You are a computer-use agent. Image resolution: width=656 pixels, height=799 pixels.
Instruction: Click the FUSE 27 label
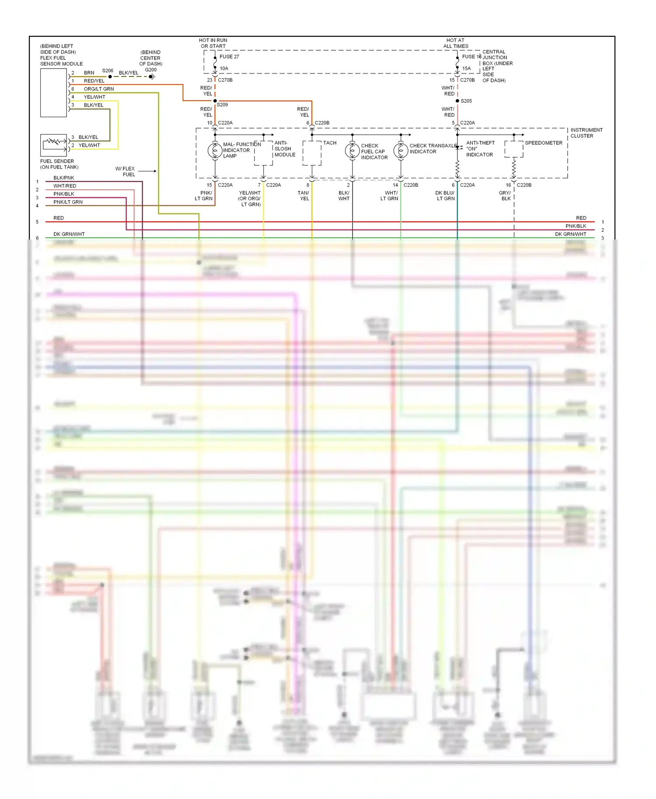pyautogui.click(x=229, y=56)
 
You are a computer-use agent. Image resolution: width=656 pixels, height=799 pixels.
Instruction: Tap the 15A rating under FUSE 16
pyautogui.click(x=467, y=68)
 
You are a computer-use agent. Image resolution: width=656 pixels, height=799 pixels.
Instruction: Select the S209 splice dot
pyautogui.click(x=215, y=101)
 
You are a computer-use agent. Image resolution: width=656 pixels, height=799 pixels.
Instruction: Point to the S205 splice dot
pyautogui.click(x=457, y=101)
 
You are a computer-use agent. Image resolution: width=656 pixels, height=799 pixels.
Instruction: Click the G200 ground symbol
pyautogui.click(x=152, y=76)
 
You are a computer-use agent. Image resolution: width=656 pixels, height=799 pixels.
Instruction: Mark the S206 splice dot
pyautogui.click(x=110, y=76)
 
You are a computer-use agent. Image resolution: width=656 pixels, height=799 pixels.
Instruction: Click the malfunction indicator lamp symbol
pyautogui.click(x=215, y=150)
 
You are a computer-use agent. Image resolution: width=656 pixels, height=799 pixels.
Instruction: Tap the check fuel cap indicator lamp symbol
pyautogui.click(x=352, y=151)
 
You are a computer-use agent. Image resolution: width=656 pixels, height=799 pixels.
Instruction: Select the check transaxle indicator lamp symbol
pyautogui.click(x=401, y=151)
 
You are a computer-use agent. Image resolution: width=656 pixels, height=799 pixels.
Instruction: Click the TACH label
pyautogui.click(x=330, y=143)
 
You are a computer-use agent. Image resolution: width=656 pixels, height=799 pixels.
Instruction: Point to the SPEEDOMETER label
pyautogui.click(x=544, y=143)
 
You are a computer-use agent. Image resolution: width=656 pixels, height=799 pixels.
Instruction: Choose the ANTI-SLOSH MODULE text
pyautogui.click(x=285, y=149)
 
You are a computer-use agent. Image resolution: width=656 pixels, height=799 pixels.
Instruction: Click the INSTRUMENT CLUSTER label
pyautogui.click(x=586, y=133)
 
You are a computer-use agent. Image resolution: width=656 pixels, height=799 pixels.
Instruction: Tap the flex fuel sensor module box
pyautogui.click(x=53, y=93)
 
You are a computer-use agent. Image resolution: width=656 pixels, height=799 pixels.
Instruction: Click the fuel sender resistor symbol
pyautogui.click(x=53, y=142)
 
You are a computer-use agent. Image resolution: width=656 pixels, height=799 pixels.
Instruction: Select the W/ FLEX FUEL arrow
pyautogui.click(x=149, y=171)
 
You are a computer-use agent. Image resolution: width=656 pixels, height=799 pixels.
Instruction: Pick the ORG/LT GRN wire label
pyautogui.click(x=99, y=89)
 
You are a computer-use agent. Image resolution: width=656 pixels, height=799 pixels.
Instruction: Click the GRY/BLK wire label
pyautogui.click(x=505, y=195)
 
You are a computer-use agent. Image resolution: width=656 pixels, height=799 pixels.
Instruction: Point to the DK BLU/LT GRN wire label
pyautogui.click(x=445, y=195)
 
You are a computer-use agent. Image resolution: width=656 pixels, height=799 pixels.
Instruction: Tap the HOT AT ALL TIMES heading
pyautogui.click(x=455, y=43)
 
